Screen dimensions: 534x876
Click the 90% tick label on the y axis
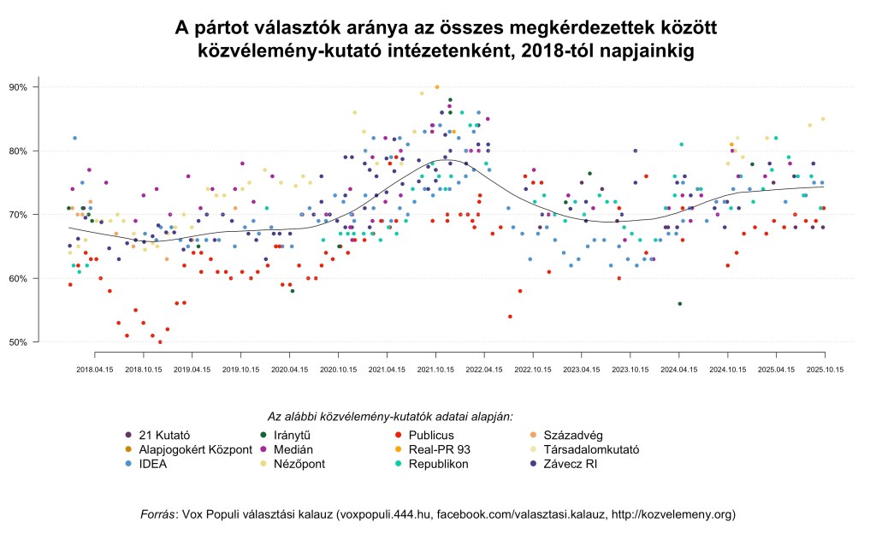pos(18,87)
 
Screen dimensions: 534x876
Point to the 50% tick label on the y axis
pos(18,342)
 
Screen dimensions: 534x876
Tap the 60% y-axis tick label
pos(18,279)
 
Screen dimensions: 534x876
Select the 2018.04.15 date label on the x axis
pos(95,370)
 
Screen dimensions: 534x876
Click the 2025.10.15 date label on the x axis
pos(825,370)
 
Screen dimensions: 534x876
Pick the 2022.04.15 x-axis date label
pos(484,370)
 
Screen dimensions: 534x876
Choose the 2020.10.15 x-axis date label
pos(338,370)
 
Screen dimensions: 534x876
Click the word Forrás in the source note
pos(160,514)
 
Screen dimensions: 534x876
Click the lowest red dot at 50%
pos(160,342)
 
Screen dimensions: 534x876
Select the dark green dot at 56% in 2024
pos(679,304)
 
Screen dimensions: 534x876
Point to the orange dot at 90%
pos(437,87)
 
